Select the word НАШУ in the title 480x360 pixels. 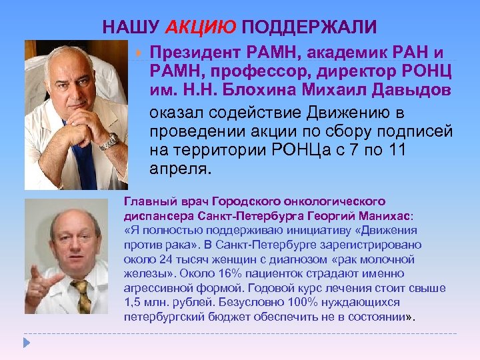coord(130,27)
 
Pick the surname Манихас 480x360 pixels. coord(383,217)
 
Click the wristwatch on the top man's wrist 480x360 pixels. coord(108,141)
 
